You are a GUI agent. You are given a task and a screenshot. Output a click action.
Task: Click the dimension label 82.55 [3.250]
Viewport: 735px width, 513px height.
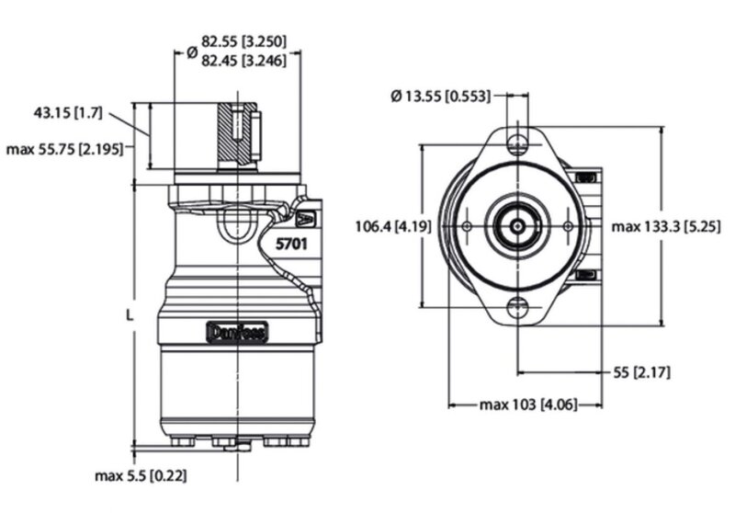[244, 41]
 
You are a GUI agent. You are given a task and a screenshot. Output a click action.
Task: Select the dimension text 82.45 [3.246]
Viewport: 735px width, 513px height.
[244, 61]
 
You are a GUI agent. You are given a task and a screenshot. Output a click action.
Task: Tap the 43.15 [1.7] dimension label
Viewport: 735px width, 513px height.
[64, 112]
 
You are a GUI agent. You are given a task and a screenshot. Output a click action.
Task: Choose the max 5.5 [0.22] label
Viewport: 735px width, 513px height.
[147, 475]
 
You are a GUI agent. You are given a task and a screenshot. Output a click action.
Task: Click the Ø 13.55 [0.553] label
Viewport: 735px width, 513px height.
[440, 95]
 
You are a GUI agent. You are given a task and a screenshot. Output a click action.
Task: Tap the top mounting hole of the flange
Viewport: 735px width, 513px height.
[517, 142]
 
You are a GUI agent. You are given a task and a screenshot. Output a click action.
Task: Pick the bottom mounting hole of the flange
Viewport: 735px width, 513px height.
[517, 308]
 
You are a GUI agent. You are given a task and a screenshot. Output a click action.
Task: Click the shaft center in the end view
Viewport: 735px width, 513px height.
[517, 225]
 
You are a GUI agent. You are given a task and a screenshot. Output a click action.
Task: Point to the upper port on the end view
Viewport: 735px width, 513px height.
[585, 176]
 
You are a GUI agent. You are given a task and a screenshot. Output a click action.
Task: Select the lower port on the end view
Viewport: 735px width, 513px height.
[585, 274]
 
